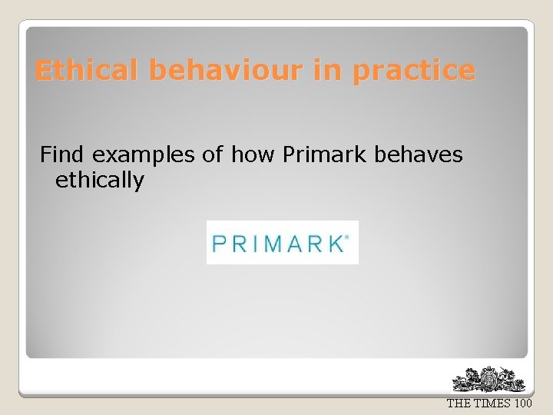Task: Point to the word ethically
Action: (x=100, y=181)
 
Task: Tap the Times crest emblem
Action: (x=489, y=380)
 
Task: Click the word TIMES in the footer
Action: (x=489, y=403)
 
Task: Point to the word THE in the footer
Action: (x=459, y=403)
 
